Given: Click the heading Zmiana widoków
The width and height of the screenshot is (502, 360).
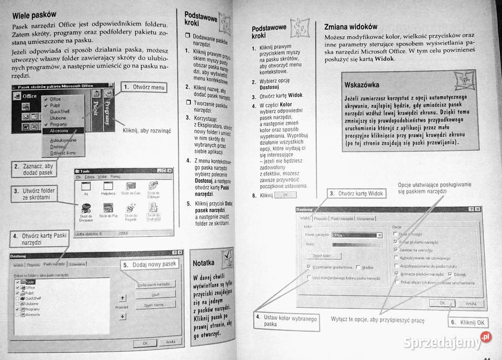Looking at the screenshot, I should click(350, 26).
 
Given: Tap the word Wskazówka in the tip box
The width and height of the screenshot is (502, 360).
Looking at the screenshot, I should click(362, 85).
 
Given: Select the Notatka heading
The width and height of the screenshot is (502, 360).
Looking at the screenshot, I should click(204, 262).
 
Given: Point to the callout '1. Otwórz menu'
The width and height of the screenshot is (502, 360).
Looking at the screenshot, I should click(144, 87).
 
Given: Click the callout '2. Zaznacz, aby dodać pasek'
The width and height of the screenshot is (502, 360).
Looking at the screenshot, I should click(33, 169).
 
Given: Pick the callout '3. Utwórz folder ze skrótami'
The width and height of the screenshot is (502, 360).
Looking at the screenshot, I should click(35, 194).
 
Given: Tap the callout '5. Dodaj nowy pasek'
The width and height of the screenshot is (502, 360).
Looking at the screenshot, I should click(151, 265).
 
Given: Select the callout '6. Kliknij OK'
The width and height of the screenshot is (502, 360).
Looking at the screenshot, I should click(469, 322).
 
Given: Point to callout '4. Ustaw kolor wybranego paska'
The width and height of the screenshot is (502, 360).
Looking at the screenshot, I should click(286, 321).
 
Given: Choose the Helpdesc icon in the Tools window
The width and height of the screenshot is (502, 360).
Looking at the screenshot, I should click(108, 189).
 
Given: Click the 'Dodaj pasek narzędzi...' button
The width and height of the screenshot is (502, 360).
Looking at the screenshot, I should click(156, 284).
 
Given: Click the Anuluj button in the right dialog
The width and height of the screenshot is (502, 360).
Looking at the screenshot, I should click(470, 303).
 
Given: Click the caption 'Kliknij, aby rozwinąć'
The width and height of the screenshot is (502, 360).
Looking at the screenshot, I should click(146, 131).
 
